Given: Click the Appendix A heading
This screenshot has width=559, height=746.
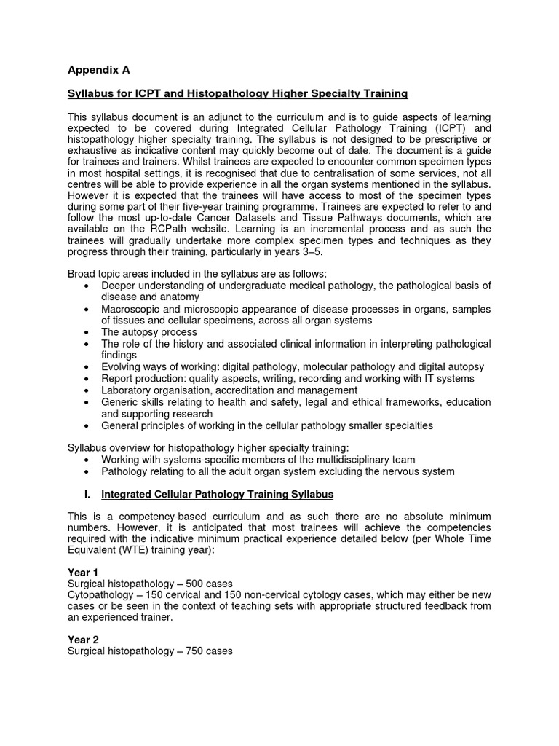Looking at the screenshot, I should tap(98, 70).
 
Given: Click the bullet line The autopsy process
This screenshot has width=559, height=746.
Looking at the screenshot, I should tap(149, 332).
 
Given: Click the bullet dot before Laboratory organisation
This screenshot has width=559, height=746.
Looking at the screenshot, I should tap(87, 390).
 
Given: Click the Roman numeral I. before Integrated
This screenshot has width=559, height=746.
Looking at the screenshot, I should tap(87, 495).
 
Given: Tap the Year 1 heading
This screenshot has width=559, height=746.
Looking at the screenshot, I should tap(83, 573).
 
